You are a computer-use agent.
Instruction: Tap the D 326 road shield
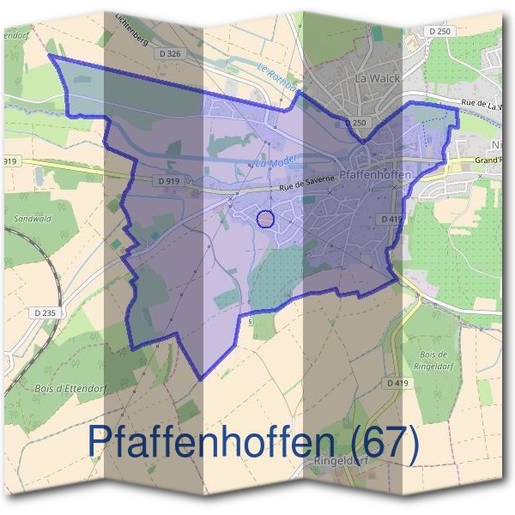click(x=172, y=54)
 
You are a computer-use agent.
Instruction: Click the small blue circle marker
click(x=265, y=219)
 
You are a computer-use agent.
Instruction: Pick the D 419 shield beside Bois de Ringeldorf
click(x=396, y=383)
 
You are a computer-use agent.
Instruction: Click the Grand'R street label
click(x=487, y=161)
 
